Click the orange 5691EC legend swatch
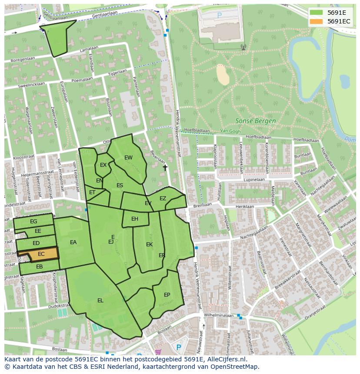(x=317, y=21)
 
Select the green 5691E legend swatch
(x=317, y=12)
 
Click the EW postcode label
(x=128, y=158)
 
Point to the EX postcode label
(x=103, y=165)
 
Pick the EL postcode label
(x=100, y=300)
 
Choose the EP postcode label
(x=167, y=295)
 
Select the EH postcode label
(x=135, y=219)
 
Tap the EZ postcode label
(x=163, y=199)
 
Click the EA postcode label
(x=73, y=242)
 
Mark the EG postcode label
(x=33, y=222)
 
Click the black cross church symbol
(x=165, y=167)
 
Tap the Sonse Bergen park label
(x=255, y=121)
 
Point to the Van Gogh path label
(x=230, y=130)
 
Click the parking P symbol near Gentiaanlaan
(x=219, y=15)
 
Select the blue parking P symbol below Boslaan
(x=178, y=348)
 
